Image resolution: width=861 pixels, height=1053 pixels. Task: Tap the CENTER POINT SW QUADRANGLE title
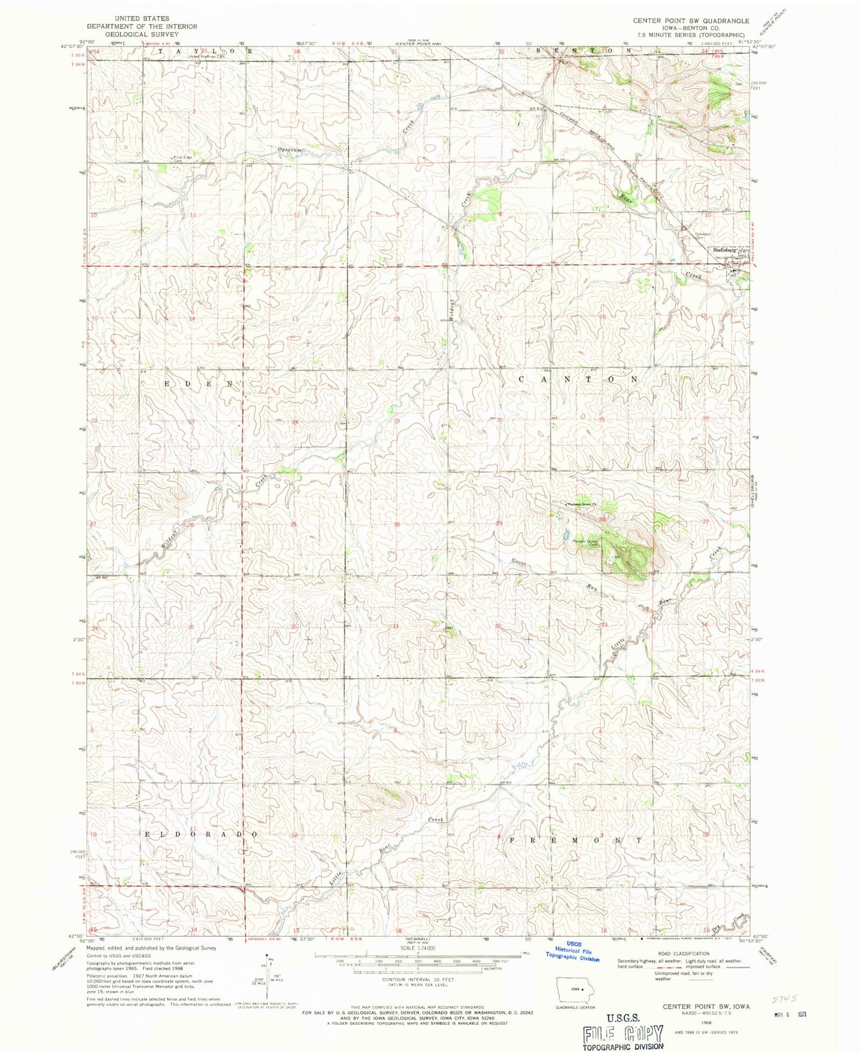pyautogui.click(x=691, y=20)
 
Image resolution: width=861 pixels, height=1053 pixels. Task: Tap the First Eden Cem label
pyautogui.click(x=181, y=159)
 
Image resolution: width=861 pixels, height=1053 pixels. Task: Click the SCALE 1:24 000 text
pyautogui.click(x=418, y=948)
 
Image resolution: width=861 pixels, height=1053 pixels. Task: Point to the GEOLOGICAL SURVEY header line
pyautogui.click(x=142, y=34)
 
